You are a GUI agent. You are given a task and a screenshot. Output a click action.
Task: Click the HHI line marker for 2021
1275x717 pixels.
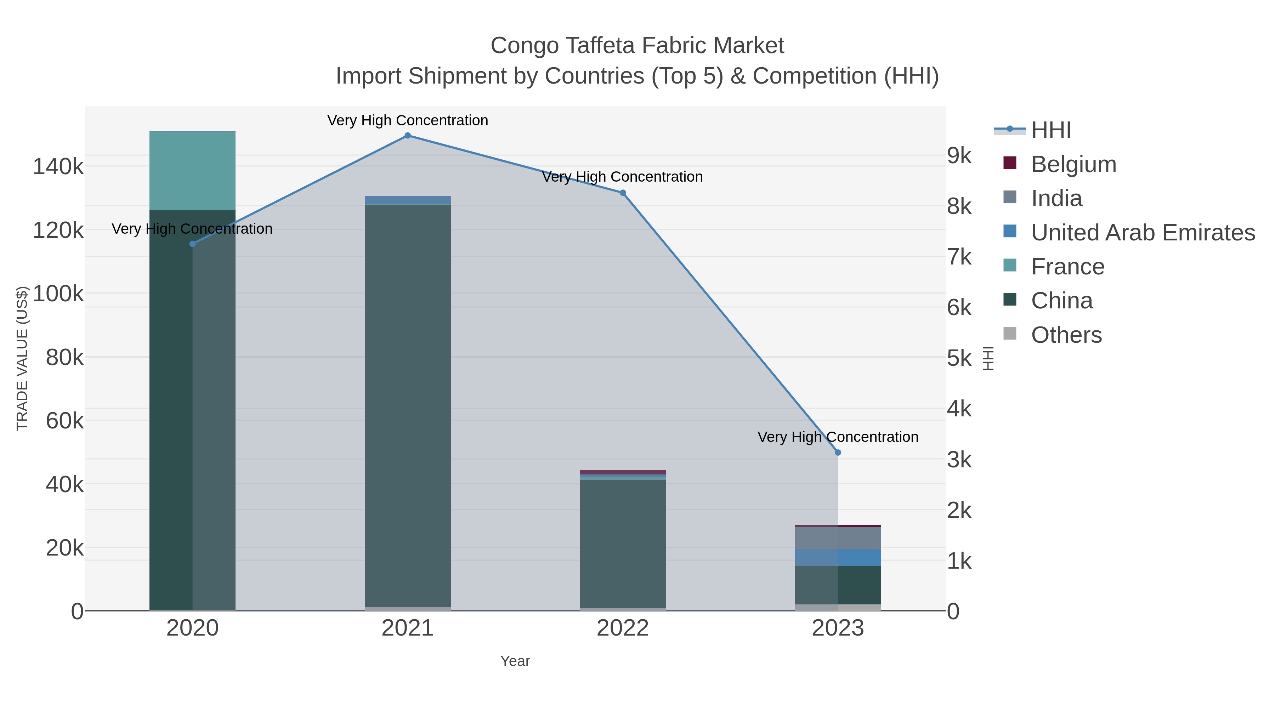tap(407, 136)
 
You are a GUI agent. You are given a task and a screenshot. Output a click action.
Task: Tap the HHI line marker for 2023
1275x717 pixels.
tap(838, 452)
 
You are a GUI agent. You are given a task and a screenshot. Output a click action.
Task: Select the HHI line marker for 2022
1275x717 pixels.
tap(623, 193)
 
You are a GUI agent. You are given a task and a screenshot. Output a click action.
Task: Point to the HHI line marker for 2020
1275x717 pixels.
tap(193, 244)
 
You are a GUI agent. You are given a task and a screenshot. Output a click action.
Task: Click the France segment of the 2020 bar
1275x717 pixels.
tap(193, 171)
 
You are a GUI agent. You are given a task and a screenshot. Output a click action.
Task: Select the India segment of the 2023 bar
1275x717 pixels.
tap(838, 538)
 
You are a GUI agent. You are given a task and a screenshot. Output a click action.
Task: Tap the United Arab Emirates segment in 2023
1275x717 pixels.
tap(838, 558)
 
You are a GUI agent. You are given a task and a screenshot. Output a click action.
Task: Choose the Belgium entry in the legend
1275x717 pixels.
tap(1073, 164)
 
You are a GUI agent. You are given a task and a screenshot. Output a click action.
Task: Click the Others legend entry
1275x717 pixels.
tap(1066, 335)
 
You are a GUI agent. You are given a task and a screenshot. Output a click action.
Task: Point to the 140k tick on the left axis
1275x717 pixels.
tap(58, 167)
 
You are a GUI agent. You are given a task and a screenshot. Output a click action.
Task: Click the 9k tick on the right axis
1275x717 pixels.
tap(959, 155)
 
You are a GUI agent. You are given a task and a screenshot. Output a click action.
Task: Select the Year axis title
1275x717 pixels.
tap(515, 661)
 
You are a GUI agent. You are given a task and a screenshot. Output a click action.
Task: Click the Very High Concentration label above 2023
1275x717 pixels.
tap(838, 437)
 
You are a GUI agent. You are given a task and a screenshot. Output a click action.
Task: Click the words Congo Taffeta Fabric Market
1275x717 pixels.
tap(637, 46)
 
